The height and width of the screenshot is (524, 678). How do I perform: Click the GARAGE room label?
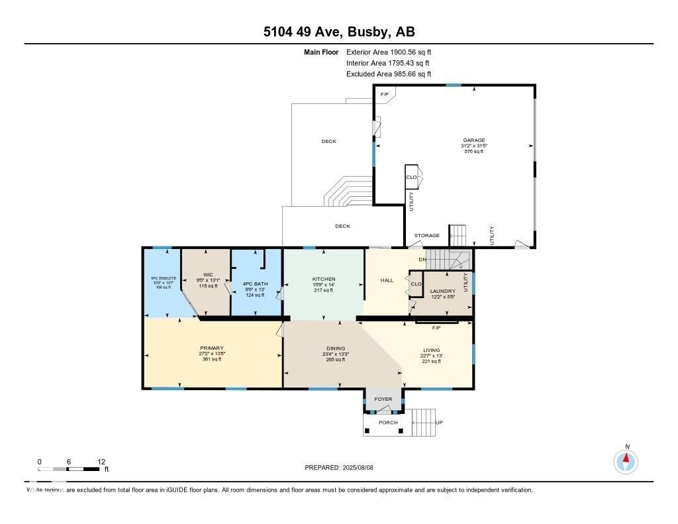coord(473,140)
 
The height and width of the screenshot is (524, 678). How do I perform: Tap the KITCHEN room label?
coord(324,279)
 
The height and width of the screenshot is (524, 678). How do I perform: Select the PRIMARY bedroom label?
coord(212,348)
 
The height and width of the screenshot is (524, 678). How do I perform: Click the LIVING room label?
coord(432,350)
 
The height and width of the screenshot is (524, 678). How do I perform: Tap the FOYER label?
coord(383,399)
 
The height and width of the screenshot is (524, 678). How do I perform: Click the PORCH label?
coord(388,423)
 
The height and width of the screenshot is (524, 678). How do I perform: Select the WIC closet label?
coord(208,274)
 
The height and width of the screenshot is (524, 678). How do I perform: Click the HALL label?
coord(387,280)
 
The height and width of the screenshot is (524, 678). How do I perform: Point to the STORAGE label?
coord(427,235)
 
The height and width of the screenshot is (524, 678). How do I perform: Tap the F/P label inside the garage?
coord(384,95)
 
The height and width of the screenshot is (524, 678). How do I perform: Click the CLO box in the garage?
coord(411,177)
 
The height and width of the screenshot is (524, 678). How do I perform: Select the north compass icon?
coord(626,461)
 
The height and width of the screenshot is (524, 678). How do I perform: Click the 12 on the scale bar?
coord(101,462)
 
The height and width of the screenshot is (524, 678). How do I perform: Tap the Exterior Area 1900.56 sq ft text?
coord(389,52)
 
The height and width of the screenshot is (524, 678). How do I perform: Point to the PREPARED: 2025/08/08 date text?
coord(344,467)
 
